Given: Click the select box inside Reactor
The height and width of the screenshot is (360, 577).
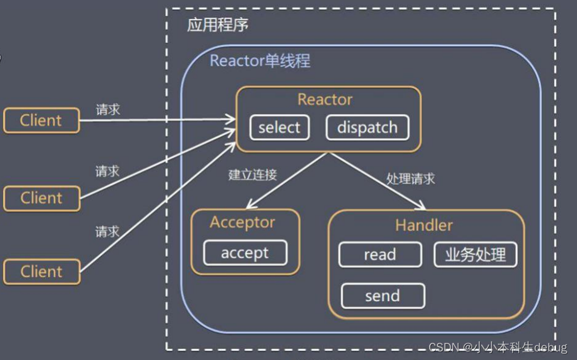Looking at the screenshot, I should tap(279, 128).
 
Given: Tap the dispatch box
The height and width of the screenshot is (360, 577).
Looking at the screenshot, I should tap(367, 128).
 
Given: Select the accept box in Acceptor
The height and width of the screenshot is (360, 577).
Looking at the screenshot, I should tap(245, 253).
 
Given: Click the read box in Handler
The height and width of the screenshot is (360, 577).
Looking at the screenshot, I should tap(380, 255).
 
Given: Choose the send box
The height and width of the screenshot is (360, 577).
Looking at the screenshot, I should tap(382, 296).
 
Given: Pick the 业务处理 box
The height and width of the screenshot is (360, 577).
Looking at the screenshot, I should tap(475, 255).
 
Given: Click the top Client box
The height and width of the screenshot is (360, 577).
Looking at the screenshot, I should tap(41, 120).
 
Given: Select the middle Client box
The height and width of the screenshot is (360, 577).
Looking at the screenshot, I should tap(41, 198).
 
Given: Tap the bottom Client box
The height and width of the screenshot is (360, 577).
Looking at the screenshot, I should tap(41, 272).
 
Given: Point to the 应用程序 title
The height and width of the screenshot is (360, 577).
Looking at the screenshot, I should tap(217, 26).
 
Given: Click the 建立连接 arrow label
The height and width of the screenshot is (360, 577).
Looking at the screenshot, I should tap(253, 175).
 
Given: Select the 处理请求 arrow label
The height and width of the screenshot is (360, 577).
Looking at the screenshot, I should tap(410, 178).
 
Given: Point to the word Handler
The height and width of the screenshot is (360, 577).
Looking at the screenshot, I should tap(424, 225).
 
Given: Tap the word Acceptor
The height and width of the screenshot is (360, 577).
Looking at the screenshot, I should tap(242, 222).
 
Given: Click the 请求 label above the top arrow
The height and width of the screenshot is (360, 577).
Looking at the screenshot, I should tap(107, 110).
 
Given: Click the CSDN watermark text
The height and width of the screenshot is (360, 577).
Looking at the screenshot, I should tap(498, 348).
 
